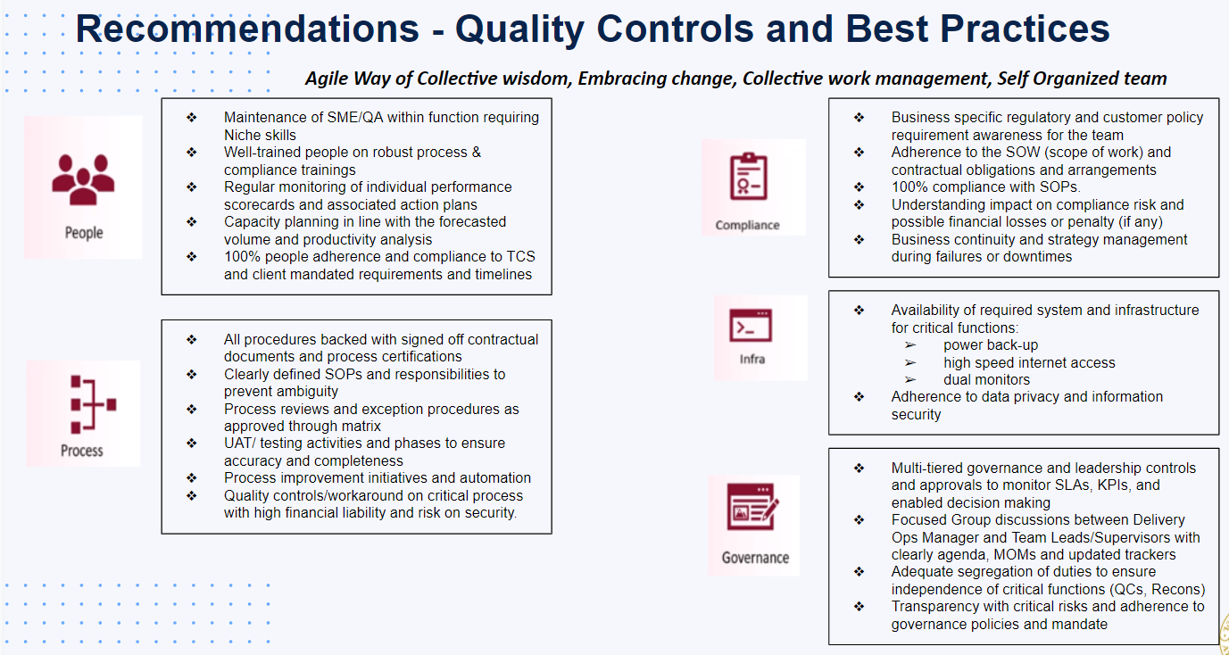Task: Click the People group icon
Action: [83, 179]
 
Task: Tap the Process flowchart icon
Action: [94, 404]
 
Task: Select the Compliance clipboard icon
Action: [748, 176]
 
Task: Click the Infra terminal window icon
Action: [751, 326]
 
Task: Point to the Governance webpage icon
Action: [752, 506]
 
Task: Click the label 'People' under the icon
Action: [84, 233]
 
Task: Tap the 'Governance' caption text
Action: [755, 558]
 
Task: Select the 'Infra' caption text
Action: [752, 359]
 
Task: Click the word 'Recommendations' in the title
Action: [247, 29]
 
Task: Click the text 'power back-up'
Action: [991, 345]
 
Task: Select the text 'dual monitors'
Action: [986, 379]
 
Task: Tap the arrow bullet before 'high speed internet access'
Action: [910, 362]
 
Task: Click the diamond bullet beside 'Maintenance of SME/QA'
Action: [192, 117]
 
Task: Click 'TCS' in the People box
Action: [521, 257]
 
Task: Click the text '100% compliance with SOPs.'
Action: [986, 187]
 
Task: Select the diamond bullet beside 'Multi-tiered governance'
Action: [859, 468]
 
